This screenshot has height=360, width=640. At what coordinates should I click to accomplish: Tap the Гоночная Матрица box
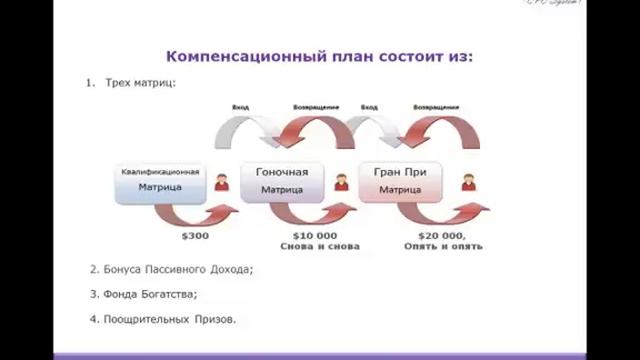click(x=282, y=181)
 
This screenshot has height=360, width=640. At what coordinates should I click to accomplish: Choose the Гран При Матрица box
click(x=400, y=181)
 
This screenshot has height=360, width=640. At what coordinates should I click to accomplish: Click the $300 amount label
click(x=195, y=236)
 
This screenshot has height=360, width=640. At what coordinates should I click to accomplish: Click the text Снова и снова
click(x=319, y=246)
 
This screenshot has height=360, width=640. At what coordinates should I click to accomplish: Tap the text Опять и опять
click(x=443, y=246)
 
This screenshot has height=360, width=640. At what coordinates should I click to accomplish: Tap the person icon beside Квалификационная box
click(x=221, y=182)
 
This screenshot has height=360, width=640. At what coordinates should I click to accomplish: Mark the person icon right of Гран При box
click(x=467, y=182)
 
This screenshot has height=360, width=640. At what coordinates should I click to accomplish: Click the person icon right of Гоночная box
click(x=341, y=182)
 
